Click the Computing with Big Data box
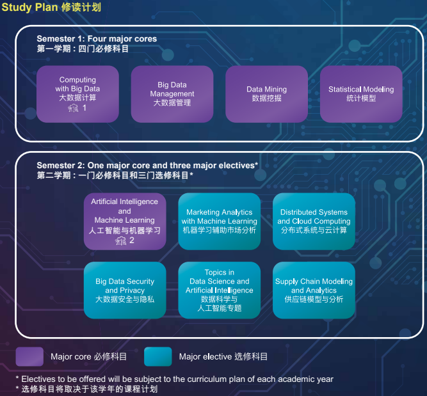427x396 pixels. pyautogui.click(x=77, y=93)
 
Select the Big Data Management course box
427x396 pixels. pyautogui.click(x=172, y=93)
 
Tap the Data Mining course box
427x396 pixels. pyautogui.click(x=267, y=93)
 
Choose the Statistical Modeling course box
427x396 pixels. pyautogui.click(x=361, y=93)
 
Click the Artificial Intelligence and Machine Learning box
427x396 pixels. pyautogui.click(x=125, y=221)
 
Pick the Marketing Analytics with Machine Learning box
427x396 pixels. pyautogui.click(x=220, y=221)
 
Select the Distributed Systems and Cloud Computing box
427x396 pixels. pyautogui.click(x=314, y=221)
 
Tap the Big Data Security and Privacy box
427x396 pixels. pyautogui.click(x=125, y=290)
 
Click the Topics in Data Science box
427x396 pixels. pyautogui.click(x=220, y=290)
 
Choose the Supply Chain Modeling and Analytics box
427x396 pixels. pyautogui.click(x=314, y=290)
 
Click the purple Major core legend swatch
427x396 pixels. pyautogui.click(x=29, y=356)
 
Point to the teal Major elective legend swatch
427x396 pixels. pyautogui.click(x=157, y=356)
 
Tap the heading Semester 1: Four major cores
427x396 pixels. pyautogui.click(x=97, y=39)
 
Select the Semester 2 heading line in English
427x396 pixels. pyautogui.click(x=147, y=166)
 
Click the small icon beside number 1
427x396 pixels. pyautogui.click(x=73, y=108)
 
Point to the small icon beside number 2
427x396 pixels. pyautogui.click(x=120, y=241)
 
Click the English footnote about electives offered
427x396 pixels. pyautogui.click(x=174, y=379)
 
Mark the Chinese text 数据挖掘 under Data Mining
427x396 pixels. pyautogui.click(x=266, y=99)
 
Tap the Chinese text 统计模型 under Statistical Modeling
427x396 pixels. pyautogui.click(x=361, y=99)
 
